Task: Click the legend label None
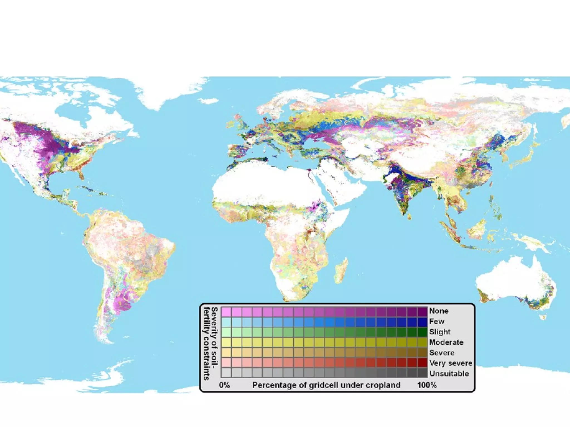(439, 311)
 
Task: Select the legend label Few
(437, 321)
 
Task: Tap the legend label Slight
(439, 332)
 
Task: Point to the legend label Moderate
(446, 342)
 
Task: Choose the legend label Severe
(442, 353)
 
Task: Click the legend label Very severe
(451, 363)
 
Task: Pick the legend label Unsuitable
(449, 374)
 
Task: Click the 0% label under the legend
(224, 385)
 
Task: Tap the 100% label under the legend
(427, 385)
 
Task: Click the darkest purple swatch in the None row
(422, 311)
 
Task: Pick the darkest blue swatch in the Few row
(422, 322)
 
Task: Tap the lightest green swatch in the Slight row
(226, 332)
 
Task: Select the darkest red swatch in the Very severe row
(422, 363)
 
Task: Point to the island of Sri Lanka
(409, 217)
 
